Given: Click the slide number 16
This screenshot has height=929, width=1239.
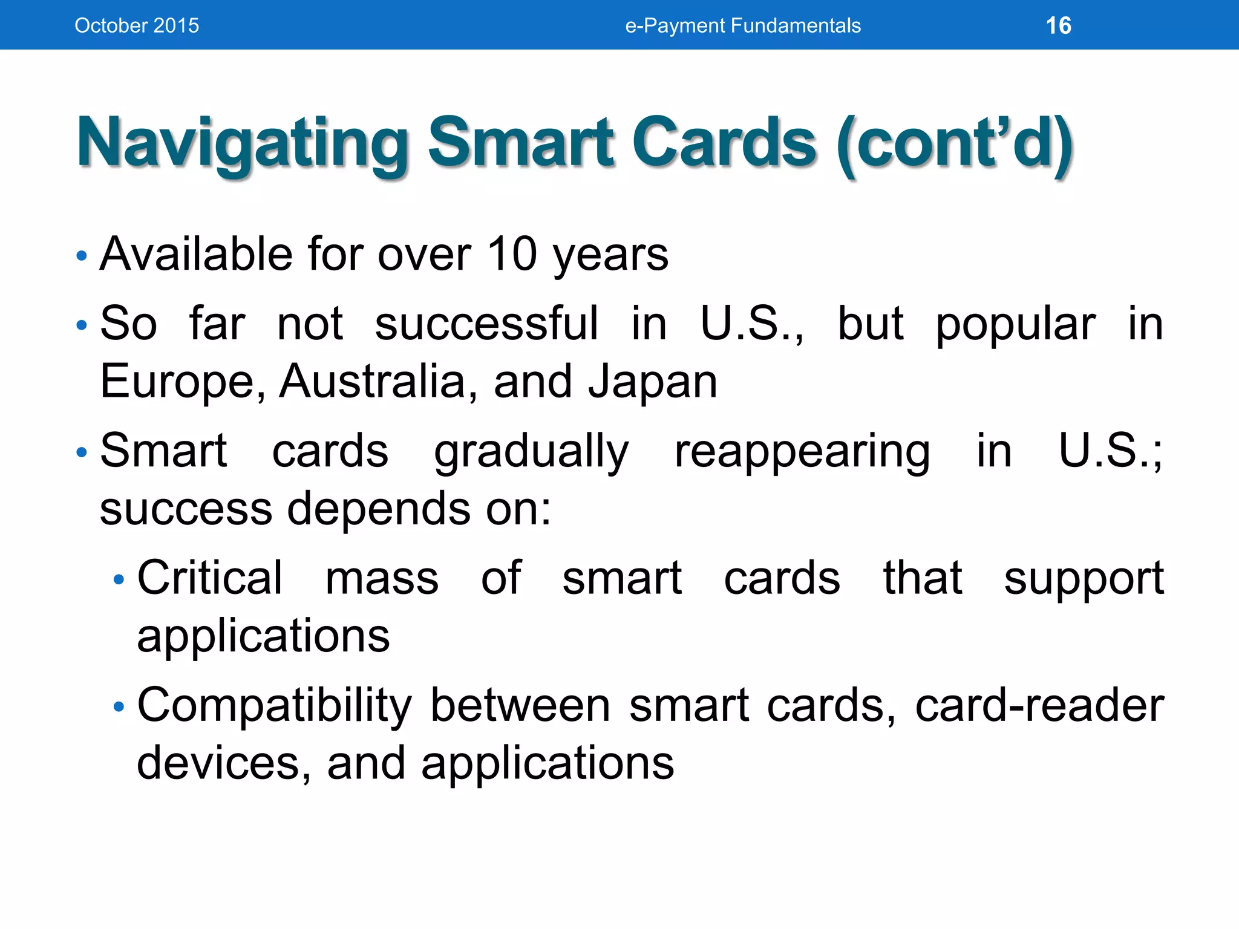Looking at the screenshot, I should (x=1058, y=26).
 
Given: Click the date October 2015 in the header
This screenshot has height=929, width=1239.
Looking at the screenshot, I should (x=137, y=26).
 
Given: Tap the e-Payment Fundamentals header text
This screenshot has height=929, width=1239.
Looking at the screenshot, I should (x=742, y=26).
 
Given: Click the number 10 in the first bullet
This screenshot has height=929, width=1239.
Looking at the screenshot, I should (x=512, y=254).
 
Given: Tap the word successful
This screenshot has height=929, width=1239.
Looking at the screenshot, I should (x=486, y=324).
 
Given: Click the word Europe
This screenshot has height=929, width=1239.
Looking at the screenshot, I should (x=181, y=382).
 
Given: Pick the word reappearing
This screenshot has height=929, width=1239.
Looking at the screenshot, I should (x=802, y=452).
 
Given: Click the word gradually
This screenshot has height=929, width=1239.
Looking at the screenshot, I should (x=531, y=452).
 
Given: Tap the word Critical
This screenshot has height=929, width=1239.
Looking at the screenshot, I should (x=209, y=578).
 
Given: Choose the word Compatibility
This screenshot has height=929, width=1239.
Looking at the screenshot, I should (x=274, y=706).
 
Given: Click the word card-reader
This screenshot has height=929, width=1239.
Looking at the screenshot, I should (x=1039, y=705).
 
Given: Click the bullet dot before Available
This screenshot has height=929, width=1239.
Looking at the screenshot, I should (x=82, y=256).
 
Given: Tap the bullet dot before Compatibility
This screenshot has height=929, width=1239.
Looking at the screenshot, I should (x=119, y=707).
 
